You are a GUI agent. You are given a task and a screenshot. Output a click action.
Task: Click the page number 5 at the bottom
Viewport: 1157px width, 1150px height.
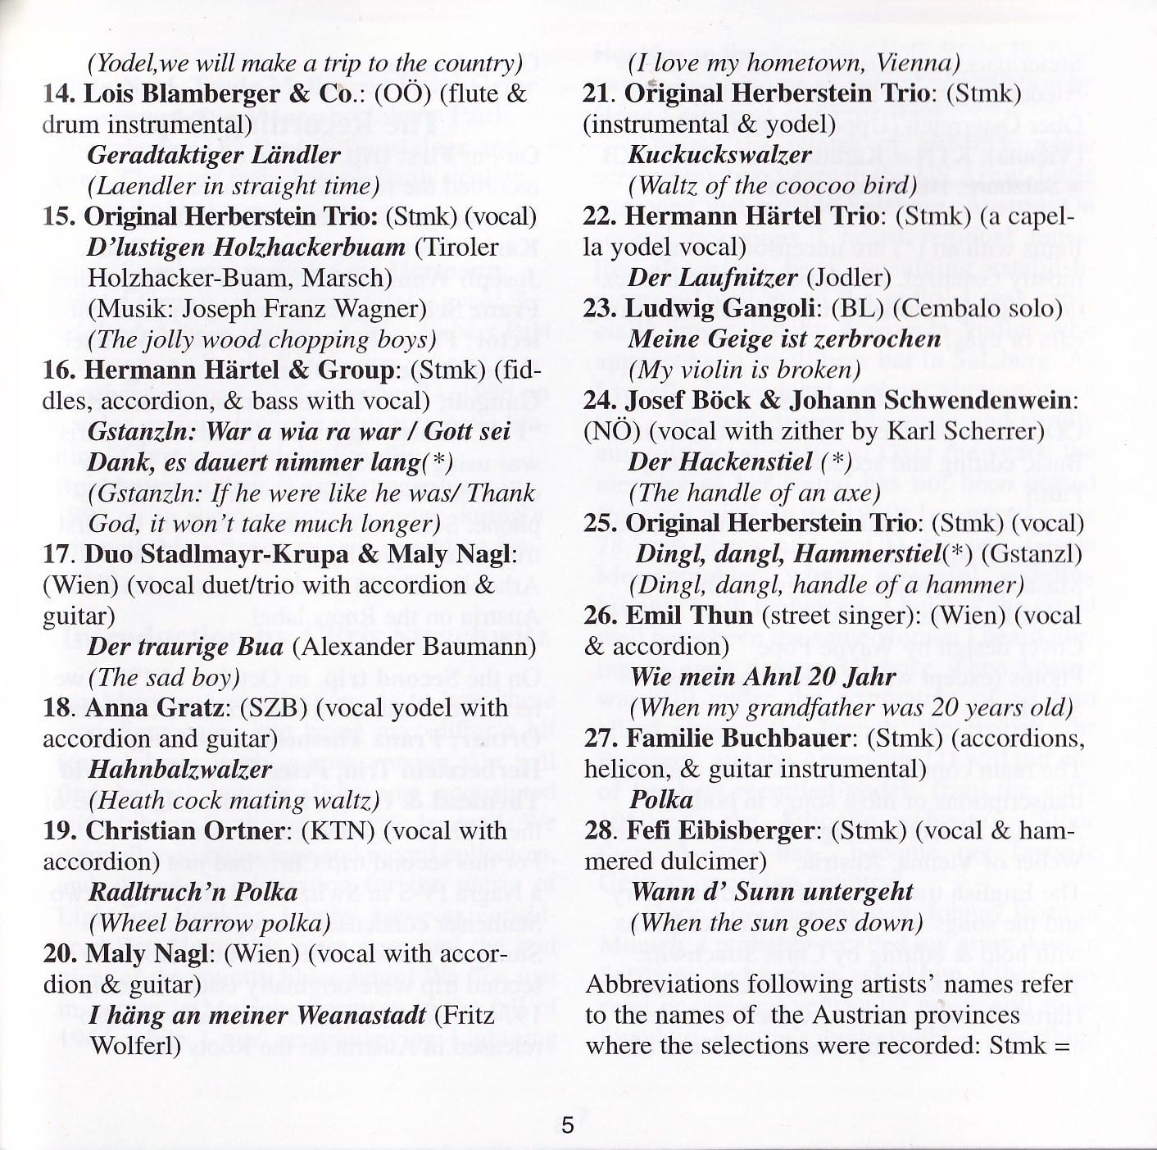568,1125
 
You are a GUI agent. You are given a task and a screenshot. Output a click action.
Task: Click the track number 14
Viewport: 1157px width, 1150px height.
60,93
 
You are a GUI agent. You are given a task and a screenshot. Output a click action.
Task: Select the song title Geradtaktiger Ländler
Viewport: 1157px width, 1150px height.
213,155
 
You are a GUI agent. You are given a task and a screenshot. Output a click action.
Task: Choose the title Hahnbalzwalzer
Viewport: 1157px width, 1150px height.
179,770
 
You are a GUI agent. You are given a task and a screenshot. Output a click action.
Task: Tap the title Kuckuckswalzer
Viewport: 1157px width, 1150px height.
719,155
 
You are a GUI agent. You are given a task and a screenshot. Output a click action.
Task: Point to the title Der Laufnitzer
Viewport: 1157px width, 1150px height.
712,278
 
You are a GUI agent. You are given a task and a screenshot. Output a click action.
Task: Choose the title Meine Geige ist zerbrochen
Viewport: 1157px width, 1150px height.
784,339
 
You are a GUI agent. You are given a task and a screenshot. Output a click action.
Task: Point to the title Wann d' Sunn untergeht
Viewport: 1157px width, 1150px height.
772,893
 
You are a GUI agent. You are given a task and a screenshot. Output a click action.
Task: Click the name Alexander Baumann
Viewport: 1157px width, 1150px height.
419,647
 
